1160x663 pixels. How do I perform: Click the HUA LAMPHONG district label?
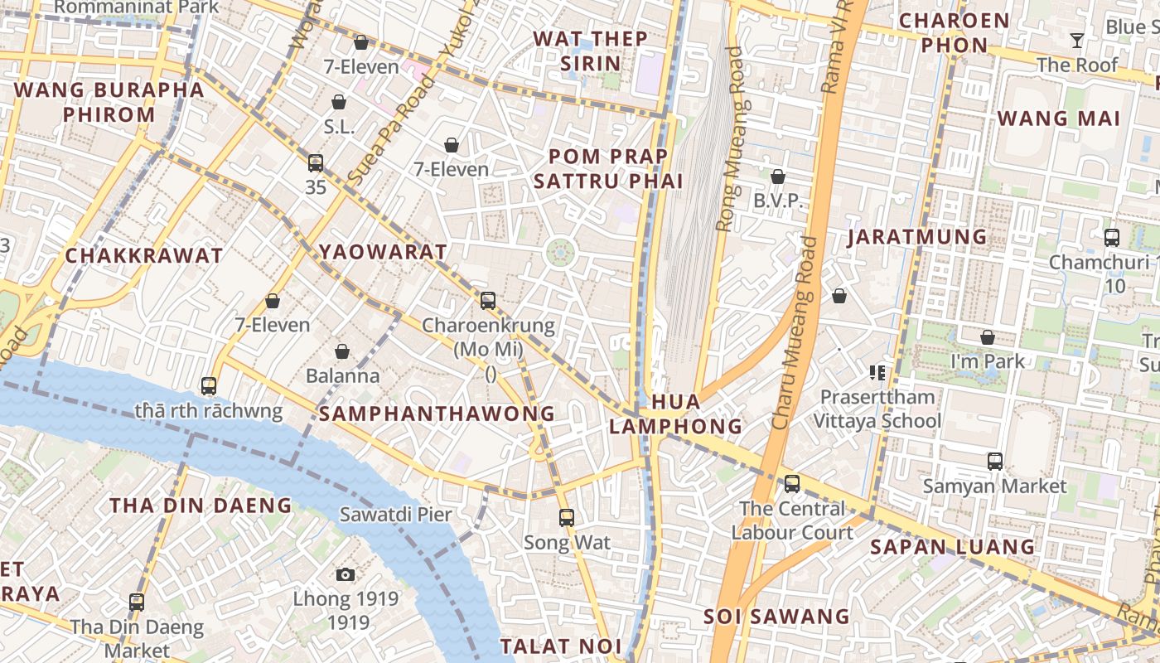point(675,414)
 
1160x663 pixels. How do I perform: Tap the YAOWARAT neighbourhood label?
point(383,252)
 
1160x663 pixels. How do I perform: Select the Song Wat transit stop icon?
point(567,518)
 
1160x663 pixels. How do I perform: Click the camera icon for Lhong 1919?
point(346,574)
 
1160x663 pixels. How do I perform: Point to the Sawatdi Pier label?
point(396,515)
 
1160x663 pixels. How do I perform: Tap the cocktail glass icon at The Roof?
point(1076,41)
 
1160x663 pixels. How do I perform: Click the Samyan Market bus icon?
point(995,462)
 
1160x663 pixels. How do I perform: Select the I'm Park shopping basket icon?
point(988,337)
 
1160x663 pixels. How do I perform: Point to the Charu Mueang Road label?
point(794,331)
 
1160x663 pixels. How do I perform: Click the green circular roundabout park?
point(561,251)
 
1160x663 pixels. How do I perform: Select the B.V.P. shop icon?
point(778,177)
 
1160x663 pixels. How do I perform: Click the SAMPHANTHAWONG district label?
point(437,413)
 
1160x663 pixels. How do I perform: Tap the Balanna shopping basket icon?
point(342,351)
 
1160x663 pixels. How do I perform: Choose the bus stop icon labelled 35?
point(316,163)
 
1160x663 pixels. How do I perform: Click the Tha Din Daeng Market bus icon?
point(137,603)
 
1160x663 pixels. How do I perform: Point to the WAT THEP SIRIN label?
point(590,51)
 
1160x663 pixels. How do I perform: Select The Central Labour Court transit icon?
point(792,483)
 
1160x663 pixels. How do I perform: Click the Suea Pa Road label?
point(390,129)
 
